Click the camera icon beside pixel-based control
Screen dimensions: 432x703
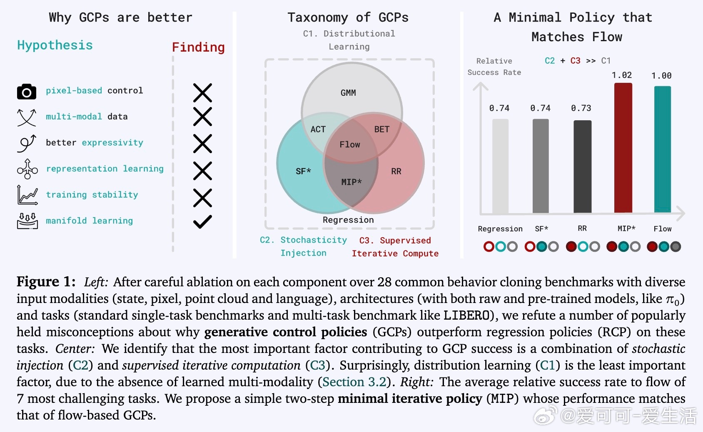tap(27, 92)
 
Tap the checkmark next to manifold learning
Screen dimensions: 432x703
tap(202, 221)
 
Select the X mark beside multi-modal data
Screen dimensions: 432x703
tap(202, 117)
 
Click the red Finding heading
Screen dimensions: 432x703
tap(198, 47)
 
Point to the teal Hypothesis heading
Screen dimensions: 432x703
tap(55, 45)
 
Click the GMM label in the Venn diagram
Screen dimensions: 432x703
tap(348, 93)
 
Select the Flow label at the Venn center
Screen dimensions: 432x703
tap(350, 145)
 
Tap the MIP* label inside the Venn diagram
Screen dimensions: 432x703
tap(351, 182)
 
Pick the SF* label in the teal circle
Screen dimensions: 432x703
tap(303, 171)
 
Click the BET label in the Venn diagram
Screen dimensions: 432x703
tap(381, 129)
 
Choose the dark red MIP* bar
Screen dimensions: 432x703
tap(623, 148)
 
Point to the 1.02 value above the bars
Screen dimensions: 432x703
tap(622, 75)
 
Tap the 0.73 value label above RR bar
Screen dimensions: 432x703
tap(581, 108)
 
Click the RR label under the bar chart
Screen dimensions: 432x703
tap(582, 228)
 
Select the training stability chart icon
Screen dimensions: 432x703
tap(27, 195)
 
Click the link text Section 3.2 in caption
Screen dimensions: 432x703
tap(354, 382)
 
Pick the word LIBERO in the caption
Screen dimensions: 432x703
tap(466, 315)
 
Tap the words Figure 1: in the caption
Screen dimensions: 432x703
tap(46, 282)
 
